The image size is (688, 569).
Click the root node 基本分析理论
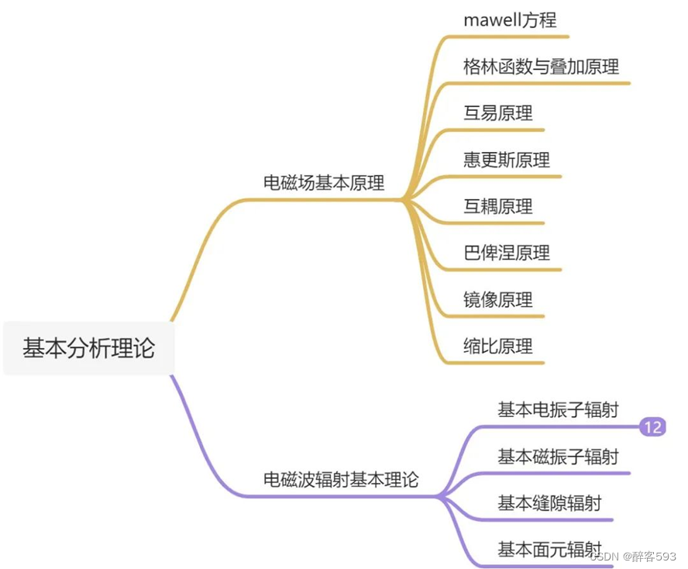88,348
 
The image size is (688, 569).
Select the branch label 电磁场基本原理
324,183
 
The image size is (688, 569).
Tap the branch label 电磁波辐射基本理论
341,480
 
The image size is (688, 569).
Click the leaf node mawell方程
510,20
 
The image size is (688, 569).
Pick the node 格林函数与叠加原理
541,67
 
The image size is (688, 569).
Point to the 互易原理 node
498,113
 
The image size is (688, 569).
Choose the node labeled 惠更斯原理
507,160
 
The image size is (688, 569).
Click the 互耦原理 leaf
498,206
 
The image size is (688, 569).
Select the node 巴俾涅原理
507,253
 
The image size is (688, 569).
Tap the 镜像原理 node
498,299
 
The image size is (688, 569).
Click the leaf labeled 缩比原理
498,346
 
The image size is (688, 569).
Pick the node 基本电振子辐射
558,410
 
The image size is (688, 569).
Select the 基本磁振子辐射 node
558,457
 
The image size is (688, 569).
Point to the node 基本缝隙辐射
549,503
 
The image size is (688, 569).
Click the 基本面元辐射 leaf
549,550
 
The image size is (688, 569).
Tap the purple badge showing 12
652,426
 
